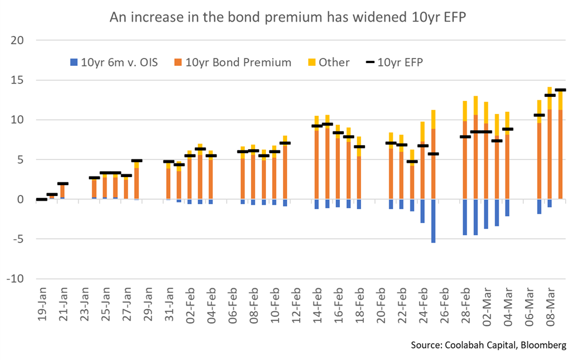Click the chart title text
click(x=288, y=17)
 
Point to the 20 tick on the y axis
click(x=19, y=41)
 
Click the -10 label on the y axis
click(x=17, y=279)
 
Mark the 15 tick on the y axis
click(x=19, y=80)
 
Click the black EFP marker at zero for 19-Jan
click(x=41, y=199)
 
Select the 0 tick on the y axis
click(x=22, y=199)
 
